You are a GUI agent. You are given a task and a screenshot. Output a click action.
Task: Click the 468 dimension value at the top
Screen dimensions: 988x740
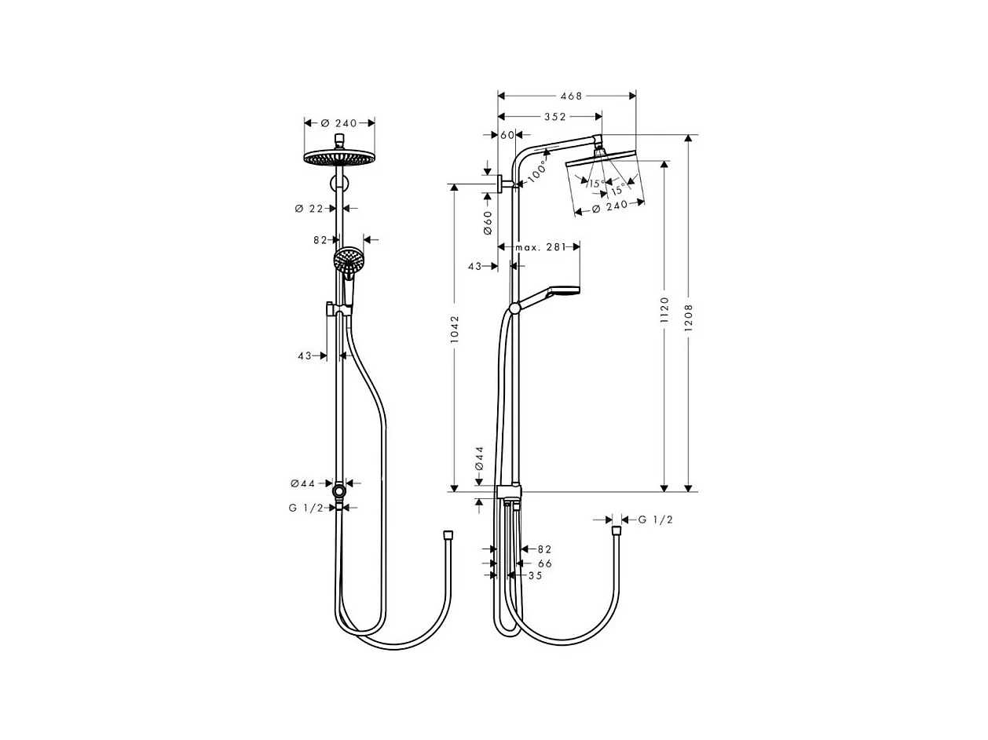(571, 96)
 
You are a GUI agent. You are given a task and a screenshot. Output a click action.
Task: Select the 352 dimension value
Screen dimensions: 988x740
(555, 117)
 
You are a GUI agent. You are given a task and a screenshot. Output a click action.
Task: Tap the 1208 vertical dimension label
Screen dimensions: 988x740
(688, 318)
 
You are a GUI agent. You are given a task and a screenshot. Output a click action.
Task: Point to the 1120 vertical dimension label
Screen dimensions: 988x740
(664, 310)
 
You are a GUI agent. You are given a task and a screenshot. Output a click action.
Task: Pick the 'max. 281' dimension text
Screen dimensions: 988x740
(540, 247)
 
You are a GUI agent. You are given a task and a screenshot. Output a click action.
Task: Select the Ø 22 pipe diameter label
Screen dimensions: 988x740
(309, 209)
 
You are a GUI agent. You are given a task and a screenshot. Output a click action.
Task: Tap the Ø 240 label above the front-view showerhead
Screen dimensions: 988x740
(339, 123)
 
